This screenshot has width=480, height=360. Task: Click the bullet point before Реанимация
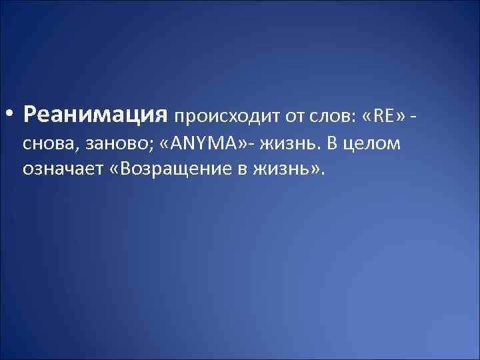coord(11,116)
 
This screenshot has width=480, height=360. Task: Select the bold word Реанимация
coord(94,116)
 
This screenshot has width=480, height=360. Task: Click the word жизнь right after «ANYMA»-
coord(287,144)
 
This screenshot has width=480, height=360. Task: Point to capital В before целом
coord(331,143)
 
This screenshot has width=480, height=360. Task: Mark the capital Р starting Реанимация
coord(29,116)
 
